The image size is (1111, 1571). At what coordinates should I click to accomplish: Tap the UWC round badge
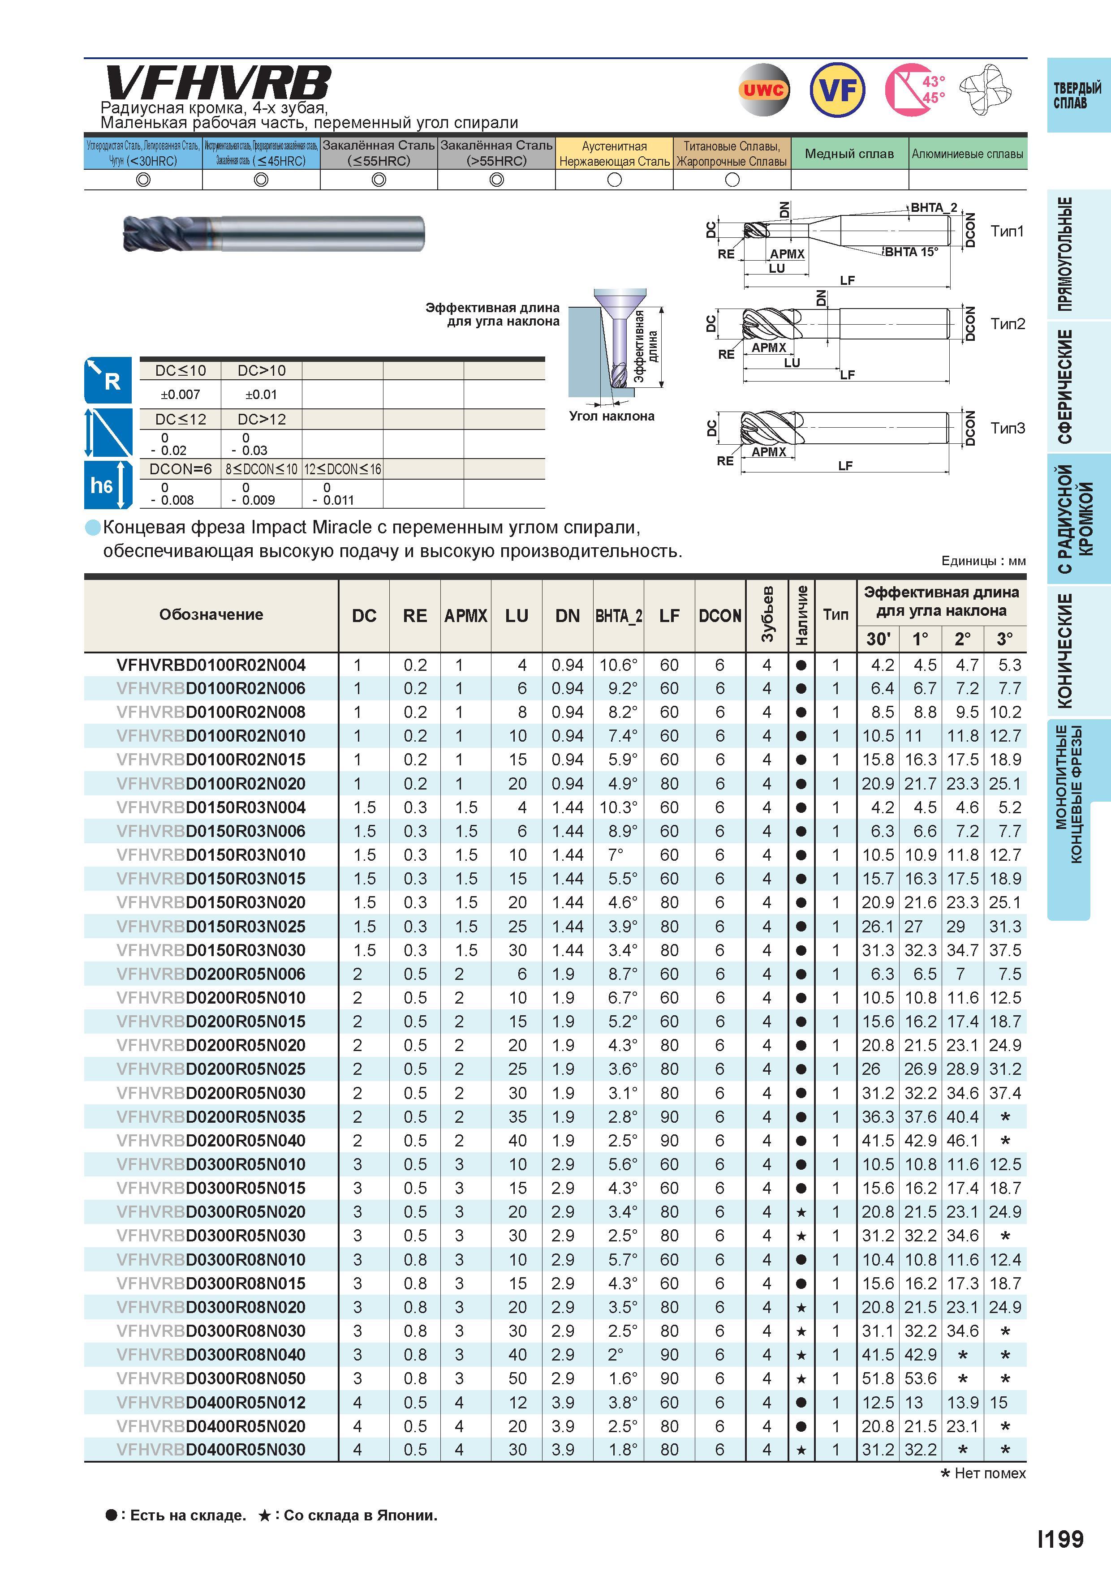[x=764, y=90]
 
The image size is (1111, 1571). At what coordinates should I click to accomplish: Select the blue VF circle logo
[x=837, y=90]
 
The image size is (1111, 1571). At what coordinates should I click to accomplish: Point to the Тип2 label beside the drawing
[x=1008, y=324]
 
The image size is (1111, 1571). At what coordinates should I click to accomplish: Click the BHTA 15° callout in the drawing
[x=911, y=252]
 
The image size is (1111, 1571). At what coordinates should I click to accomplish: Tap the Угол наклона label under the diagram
[x=611, y=416]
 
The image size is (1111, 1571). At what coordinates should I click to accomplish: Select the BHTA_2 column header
[x=618, y=616]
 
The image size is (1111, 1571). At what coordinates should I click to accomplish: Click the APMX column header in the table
[x=465, y=616]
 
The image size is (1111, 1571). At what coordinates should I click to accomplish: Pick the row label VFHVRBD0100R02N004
[x=211, y=665]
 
